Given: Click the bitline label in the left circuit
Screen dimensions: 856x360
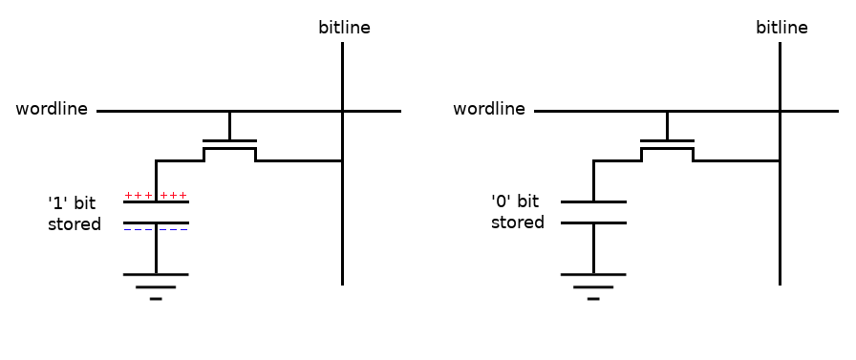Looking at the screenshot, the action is (345, 28).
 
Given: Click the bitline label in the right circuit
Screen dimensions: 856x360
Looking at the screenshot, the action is (781, 28).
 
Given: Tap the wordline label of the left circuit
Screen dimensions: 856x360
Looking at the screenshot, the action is (52, 109).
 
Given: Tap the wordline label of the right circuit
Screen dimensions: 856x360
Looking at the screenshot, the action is (489, 109).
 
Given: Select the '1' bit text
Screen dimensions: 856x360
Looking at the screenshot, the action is (72, 203).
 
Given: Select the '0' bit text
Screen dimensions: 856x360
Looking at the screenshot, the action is (515, 201).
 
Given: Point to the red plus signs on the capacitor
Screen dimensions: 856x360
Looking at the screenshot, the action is (156, 195).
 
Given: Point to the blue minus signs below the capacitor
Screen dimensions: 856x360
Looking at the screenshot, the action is (156, 229).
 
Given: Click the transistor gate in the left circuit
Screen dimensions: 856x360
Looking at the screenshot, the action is (230, 140).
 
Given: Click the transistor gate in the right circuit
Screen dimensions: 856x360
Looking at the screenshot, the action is (667, 140).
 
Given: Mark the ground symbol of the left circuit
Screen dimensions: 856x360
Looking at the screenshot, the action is (156, 286).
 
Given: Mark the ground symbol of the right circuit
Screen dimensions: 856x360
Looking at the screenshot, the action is (593, 286).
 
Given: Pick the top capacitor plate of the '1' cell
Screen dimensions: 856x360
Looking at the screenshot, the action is (156, 201).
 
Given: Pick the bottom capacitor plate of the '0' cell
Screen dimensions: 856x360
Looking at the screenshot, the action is (593, 222).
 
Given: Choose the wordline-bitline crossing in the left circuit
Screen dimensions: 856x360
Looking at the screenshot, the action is (342, 112).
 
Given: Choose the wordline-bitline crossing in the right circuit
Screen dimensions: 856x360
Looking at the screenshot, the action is (780, 112).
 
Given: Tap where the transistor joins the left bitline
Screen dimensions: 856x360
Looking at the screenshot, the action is (342, 161).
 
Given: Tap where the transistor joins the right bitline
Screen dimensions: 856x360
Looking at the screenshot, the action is (780, 161).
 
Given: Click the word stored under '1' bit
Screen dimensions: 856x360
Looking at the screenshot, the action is (75, 224).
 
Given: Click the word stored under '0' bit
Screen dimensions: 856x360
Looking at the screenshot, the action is (518, 222).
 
